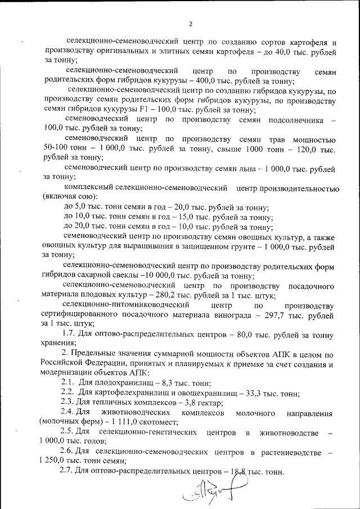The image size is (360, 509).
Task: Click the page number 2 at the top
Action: pyautogui.click(x=191, y=24)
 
